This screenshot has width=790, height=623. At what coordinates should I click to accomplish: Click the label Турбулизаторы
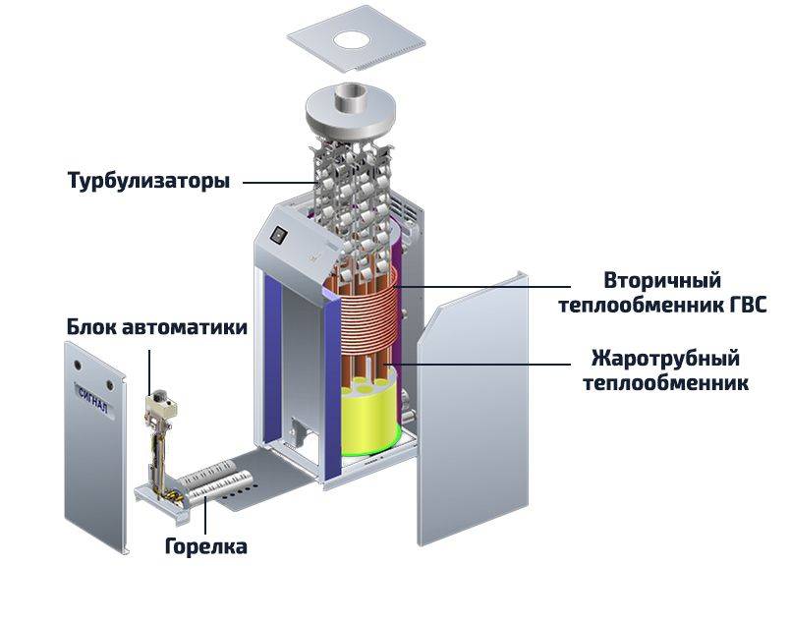[148, 181]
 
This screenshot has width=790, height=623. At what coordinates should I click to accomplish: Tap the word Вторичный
[649, 280]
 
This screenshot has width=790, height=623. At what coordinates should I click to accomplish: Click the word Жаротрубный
[665, 357]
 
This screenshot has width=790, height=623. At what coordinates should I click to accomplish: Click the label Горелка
[205, 546]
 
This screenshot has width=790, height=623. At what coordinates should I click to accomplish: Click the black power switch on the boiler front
[278, 236]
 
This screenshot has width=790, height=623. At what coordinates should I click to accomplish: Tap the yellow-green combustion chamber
[368, 424]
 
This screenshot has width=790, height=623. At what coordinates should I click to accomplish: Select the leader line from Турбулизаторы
[280, 182]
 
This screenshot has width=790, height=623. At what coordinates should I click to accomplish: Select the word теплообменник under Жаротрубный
[665, 382]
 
